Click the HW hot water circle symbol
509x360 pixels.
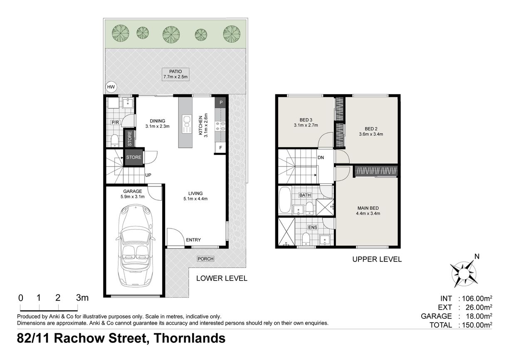tap(111, 87)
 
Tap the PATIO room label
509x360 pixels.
tap(175, 72)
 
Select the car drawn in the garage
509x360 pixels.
tap(136, 246)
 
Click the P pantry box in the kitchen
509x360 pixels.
tap(221, 102)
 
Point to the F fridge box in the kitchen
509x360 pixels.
tap(220, 148)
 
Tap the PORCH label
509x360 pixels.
tap(205, 259)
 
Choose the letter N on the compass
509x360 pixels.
tap(477, 256)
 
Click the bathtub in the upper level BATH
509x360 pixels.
tap(285, 200)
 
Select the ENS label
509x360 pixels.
tap(313, 227)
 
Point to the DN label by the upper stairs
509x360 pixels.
tap(321, 157)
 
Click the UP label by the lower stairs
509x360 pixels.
tap(148, 175)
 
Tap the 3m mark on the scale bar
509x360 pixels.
tap(82, 298)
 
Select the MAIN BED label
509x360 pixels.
tap(368, 208)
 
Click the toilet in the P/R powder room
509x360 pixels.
tap(115, 141)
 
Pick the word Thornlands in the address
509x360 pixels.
tap(190, 338)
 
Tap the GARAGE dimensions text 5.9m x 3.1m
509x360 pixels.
tap(133, 196)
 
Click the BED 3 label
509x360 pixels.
tap(306, 119)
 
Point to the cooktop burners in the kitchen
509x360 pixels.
tap(220, 126)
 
